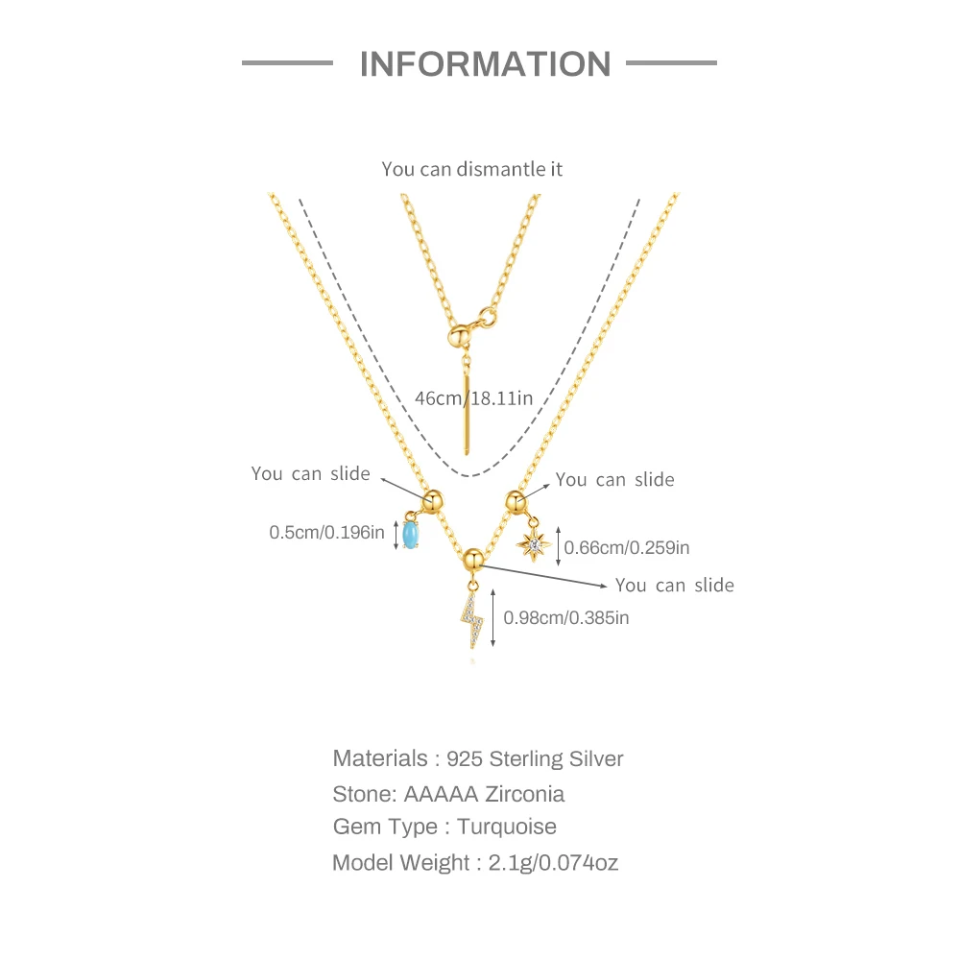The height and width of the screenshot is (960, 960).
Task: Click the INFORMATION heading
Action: coord(485,64)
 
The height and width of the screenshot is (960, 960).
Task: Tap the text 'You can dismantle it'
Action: coord(471,169)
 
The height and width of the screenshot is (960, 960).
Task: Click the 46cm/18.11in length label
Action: coord(473,397)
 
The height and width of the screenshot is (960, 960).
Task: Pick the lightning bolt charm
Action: coord(472,618)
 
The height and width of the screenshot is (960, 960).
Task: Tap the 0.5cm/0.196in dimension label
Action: coord(326,532)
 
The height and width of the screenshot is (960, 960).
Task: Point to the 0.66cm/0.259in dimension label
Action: coord(627,547)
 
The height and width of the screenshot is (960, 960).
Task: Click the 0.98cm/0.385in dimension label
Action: coord(566,618)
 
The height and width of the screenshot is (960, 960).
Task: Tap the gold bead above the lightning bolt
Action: coord(472,558)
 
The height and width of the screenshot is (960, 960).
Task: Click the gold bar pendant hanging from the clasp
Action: coord(467,413)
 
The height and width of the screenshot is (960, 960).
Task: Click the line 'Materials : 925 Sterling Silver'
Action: coord(478,758)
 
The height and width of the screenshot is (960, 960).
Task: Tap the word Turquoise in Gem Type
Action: coord(507,827)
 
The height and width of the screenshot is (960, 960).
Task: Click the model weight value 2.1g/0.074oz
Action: coord(553,862)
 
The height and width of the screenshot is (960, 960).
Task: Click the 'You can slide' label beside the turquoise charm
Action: coord(310,473)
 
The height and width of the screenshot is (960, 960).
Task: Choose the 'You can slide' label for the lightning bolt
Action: coord(675,585)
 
